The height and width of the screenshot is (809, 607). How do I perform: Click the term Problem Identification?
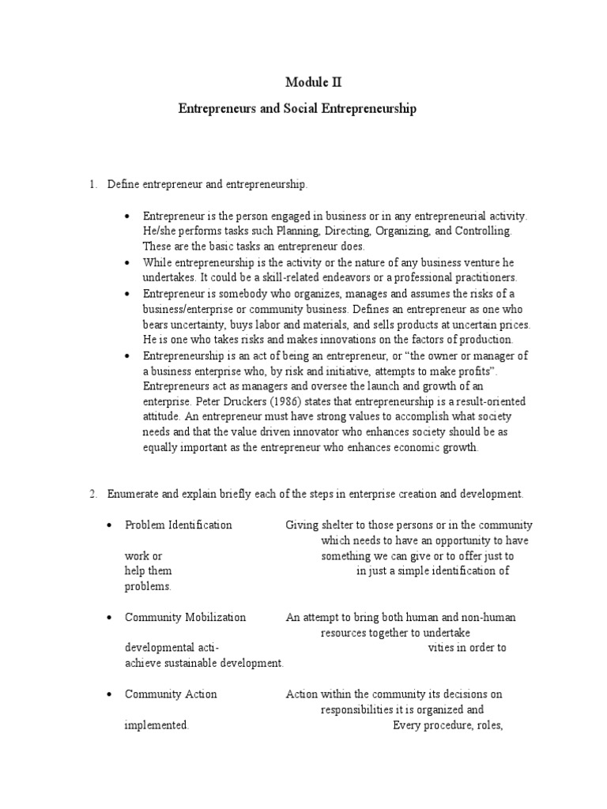[178, 525]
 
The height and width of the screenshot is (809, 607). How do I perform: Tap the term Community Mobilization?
[185, 617]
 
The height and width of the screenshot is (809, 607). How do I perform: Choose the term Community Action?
[171, 694]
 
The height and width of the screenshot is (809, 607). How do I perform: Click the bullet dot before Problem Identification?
[108, 525]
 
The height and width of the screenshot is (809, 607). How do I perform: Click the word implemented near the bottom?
[156, 725]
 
